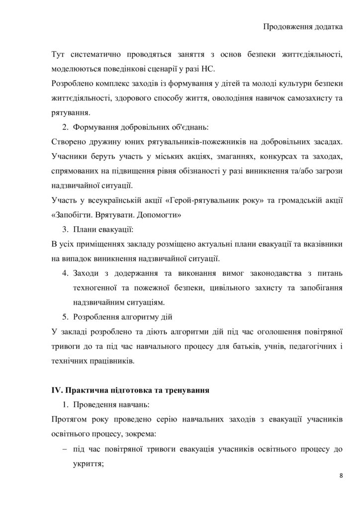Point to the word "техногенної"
click(x=95, y=287)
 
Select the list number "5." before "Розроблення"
click(x=65, y=316)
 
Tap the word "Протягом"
click(x=69, y=419)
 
